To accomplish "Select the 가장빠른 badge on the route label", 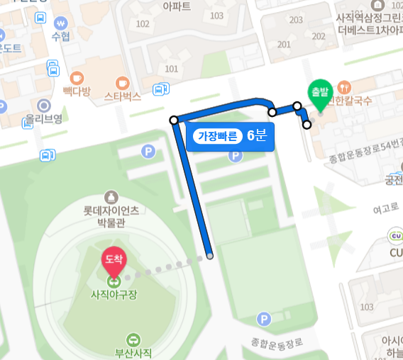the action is (217, 135).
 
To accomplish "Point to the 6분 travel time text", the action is (256, 135).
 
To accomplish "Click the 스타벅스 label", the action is (123, 96).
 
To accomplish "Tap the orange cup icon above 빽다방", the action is (77, 77).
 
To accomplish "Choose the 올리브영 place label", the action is (44, 118).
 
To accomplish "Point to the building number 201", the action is (285, 45).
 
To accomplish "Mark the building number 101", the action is (171, 69).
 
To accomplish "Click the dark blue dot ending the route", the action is (210, 256).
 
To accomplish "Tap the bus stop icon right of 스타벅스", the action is (161, 89).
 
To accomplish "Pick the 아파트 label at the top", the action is (177, 6).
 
